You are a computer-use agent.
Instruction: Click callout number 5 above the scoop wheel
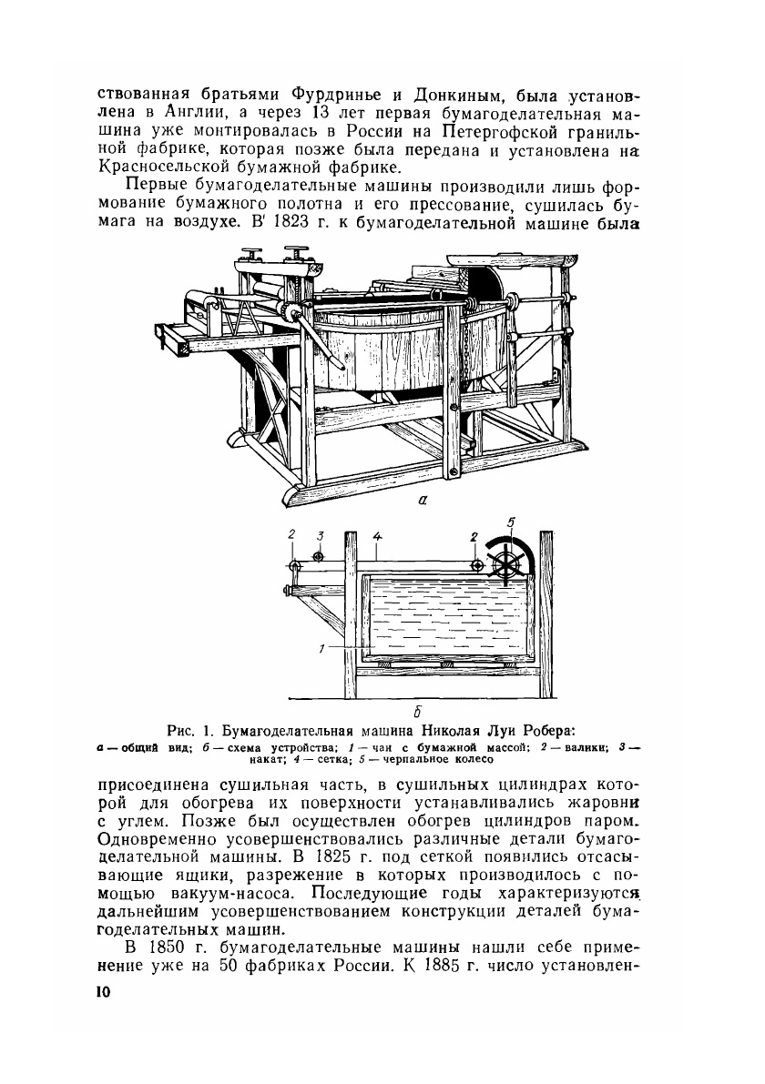(x=512, y=522)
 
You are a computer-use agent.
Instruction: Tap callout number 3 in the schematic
(x=318, y=535)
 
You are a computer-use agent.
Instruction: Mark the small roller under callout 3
(x=318, y=556)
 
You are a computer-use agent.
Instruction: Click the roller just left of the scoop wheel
(x=476, y=566)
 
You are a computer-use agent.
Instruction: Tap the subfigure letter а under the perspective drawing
(x=423, y=499)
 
